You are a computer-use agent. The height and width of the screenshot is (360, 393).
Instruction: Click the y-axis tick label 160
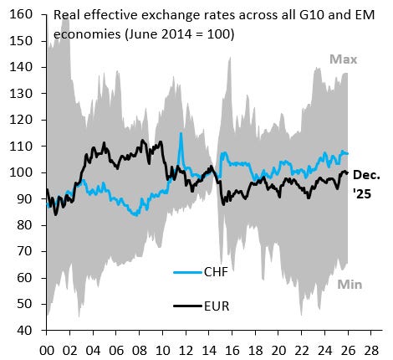coord(20,14)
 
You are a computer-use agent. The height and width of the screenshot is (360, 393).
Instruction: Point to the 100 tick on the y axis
coord(20,172)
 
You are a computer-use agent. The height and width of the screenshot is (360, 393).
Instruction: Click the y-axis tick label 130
coord(20,93)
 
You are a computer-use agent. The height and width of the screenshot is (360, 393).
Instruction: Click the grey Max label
coord(343,59)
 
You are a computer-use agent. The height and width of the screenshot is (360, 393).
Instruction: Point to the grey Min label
coord(350,285)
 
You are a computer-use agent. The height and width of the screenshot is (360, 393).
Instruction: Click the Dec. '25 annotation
coord(368,183)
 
